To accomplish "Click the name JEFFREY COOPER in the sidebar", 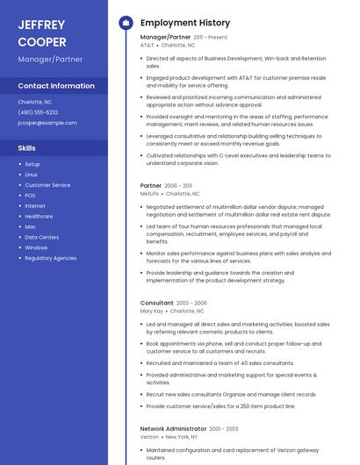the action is pos(43,32).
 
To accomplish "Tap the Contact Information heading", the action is pos(56,86).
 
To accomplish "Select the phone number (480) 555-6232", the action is pos(38,112).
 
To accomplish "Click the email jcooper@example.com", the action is pos(47,123).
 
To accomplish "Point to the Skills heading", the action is pos(26,148).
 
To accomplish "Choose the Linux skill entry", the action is pos(31,175).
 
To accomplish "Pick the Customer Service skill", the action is pos(47,185).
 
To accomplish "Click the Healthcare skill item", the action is pos(39,216).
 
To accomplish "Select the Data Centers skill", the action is pos(42,237).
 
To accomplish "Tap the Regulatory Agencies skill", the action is pos(51,258).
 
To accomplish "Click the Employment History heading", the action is pos(185,23).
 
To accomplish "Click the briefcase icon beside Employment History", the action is pos(126,23).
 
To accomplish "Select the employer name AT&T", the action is pos(147,45).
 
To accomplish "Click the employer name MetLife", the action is pos(149,193).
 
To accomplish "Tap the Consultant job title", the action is pos(157,303).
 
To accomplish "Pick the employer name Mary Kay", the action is pos(152,311).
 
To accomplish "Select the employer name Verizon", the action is pos(150,436).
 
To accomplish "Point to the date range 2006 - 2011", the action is pos(178,186).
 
